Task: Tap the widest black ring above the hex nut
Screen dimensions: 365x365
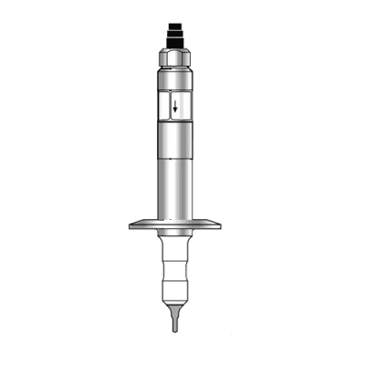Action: (175, 45)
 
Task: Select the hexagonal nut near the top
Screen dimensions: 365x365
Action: (175, 58)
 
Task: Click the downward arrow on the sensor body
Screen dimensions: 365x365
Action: (175, 108)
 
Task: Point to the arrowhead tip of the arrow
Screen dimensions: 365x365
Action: (175, 116)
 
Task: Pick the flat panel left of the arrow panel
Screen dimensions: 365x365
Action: (162, 108)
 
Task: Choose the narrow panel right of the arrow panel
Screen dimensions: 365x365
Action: (190, 108)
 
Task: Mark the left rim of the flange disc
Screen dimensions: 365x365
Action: (133, 223)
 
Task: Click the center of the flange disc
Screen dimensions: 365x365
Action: (175, 223)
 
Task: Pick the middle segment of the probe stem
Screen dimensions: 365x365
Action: (175, 272)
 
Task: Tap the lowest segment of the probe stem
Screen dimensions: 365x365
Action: (175, 292)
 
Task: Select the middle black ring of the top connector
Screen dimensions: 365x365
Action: (175, 36)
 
